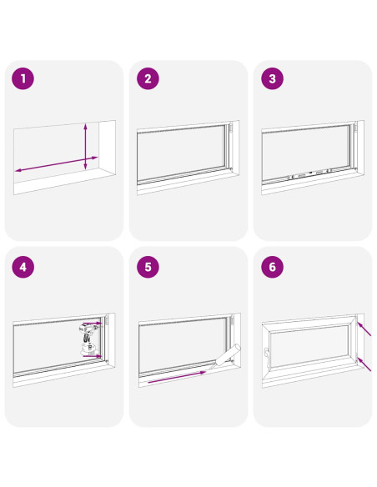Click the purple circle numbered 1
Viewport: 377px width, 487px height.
coord(23,78)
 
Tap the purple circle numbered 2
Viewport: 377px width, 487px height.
coord(148,78)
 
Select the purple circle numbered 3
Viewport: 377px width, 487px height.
coord(273,78)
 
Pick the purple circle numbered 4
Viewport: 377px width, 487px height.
coord(23,267)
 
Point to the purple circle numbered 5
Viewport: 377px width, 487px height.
coord(148,267)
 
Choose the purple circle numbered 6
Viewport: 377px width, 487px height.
coord(273,267)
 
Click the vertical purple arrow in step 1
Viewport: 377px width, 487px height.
coord(86,147)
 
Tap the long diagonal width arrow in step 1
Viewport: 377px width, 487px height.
coord(56,164)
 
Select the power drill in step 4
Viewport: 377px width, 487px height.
coord(88,339)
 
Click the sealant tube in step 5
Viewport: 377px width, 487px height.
coord(225,357)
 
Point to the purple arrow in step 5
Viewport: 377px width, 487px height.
coord(177,377)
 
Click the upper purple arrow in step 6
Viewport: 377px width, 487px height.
coord(364,329)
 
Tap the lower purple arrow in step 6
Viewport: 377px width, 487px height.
coord(364,364)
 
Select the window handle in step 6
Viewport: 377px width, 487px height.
coord(266,355)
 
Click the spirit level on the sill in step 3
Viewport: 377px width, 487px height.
coord(310,174)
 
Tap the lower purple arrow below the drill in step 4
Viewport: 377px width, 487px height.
coord(93,356)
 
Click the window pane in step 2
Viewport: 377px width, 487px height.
coord(181,153)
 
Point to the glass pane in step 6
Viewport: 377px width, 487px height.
coord(309,346)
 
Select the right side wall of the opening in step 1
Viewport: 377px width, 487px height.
coord(108,148)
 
